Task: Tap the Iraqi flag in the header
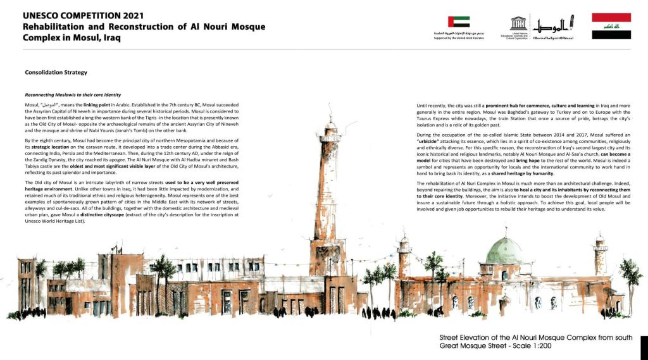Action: tap(611, 26)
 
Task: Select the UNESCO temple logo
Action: tap(518, 24)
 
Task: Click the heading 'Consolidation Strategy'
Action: tap(56, 73)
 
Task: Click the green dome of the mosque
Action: tap(504, 251)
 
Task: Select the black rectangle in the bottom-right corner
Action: tap(644, 348)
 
